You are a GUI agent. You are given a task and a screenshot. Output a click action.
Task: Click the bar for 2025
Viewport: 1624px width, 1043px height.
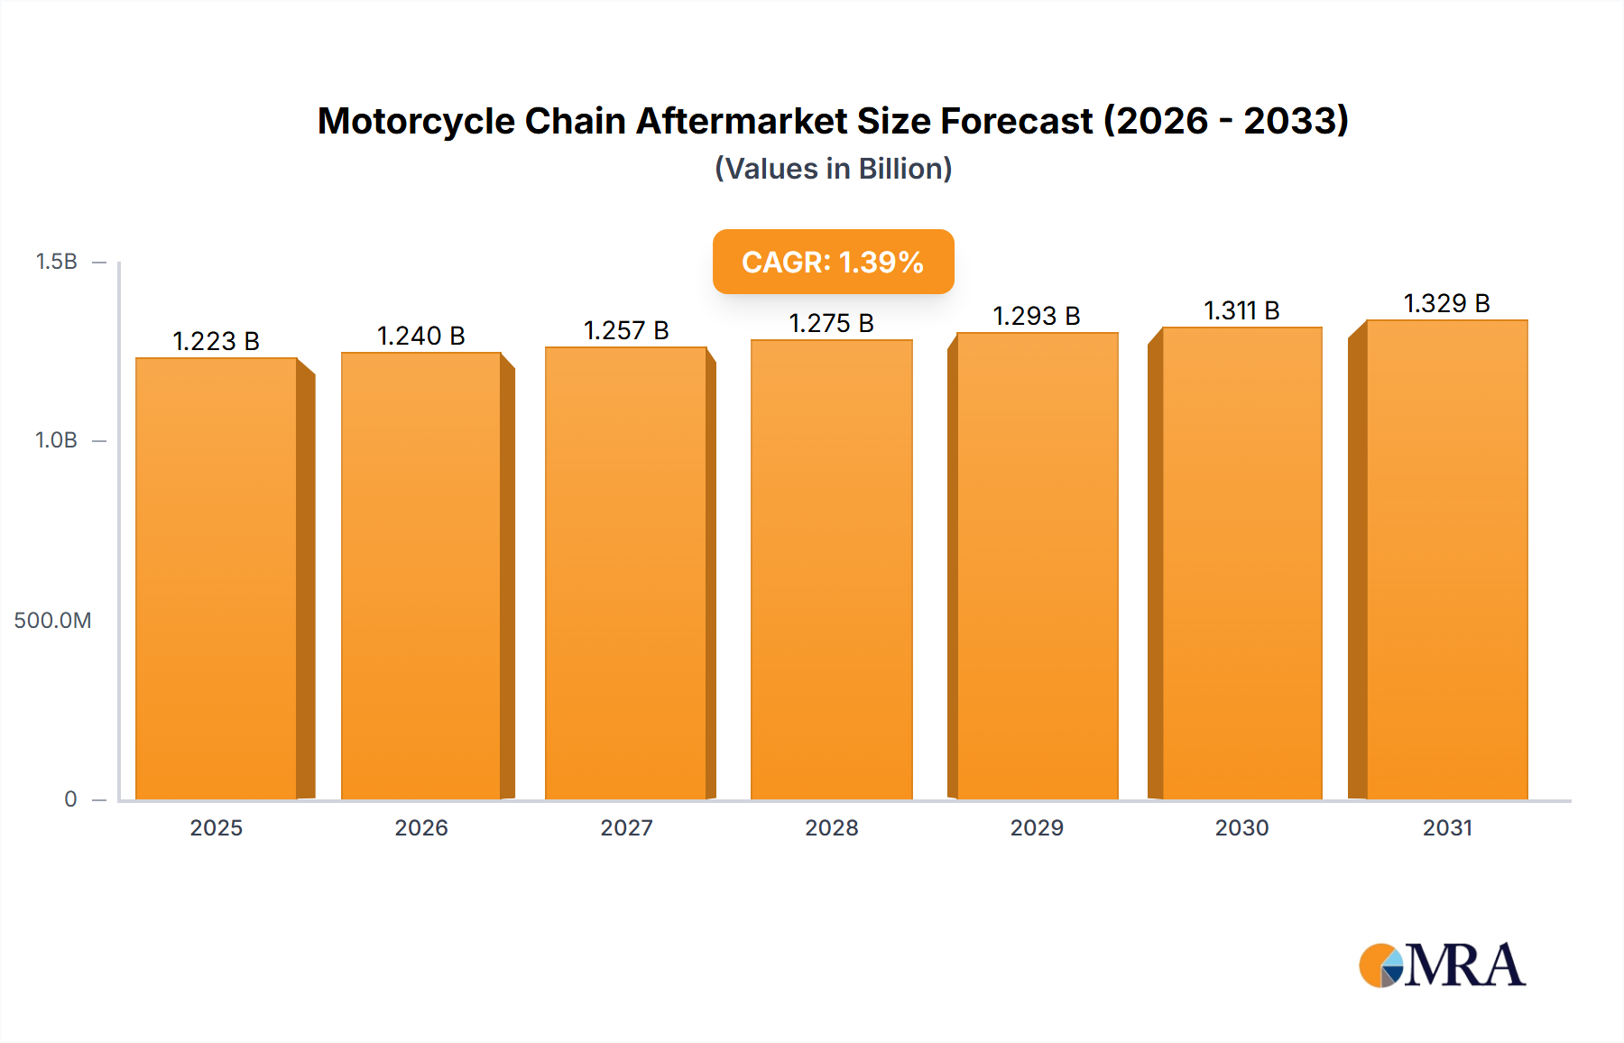click(217, 577)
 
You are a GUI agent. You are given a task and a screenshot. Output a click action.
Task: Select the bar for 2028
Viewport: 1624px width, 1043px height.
click(832, 568)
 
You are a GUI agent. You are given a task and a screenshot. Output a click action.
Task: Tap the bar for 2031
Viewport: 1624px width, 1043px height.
click(1447, 559)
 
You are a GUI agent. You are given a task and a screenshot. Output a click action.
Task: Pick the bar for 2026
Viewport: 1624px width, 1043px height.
click(421, 576)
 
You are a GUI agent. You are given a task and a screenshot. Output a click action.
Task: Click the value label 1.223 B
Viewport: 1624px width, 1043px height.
click(217, 341)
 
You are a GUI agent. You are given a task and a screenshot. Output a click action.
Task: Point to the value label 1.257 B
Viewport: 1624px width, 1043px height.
click(626, 330)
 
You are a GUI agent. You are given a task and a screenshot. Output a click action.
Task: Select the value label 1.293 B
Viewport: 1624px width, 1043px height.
click(1037, 316)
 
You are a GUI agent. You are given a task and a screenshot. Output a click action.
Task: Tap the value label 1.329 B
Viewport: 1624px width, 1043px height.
click(1446, 303)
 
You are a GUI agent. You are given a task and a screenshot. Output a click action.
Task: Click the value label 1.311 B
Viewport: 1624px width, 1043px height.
click(1241, 310)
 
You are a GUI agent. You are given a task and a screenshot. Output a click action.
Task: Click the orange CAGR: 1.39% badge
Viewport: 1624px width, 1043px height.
click(833, 262)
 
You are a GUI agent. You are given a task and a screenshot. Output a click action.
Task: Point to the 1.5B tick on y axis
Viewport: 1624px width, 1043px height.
click(56, 262)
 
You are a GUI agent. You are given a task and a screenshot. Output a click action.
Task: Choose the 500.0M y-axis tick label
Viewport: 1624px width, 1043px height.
click(52, 620)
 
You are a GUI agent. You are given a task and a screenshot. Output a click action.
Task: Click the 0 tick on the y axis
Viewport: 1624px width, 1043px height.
click(70, 798)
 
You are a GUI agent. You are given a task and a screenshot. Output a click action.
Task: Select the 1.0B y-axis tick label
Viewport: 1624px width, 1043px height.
click(56, 440)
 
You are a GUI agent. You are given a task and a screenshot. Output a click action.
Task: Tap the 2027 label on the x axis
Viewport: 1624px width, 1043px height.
click(626, 827)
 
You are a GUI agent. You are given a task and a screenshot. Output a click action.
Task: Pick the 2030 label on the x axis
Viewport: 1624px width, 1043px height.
click(1241, 827)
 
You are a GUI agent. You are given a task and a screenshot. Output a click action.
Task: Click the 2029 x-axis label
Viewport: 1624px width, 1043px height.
click(1037, 827)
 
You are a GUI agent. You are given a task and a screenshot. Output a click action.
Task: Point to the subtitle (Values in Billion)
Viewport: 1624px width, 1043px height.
click(833, 169)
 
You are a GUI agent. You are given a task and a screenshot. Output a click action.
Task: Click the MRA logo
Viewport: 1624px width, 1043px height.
click(1442, 965)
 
